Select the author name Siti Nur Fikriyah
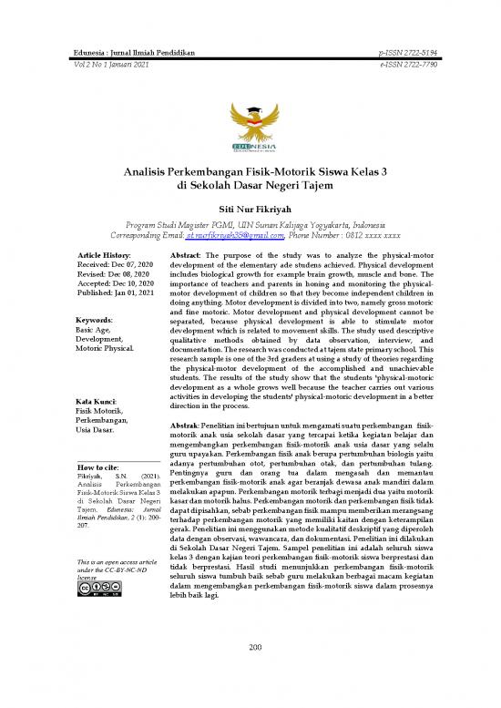tap(250, 209)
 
